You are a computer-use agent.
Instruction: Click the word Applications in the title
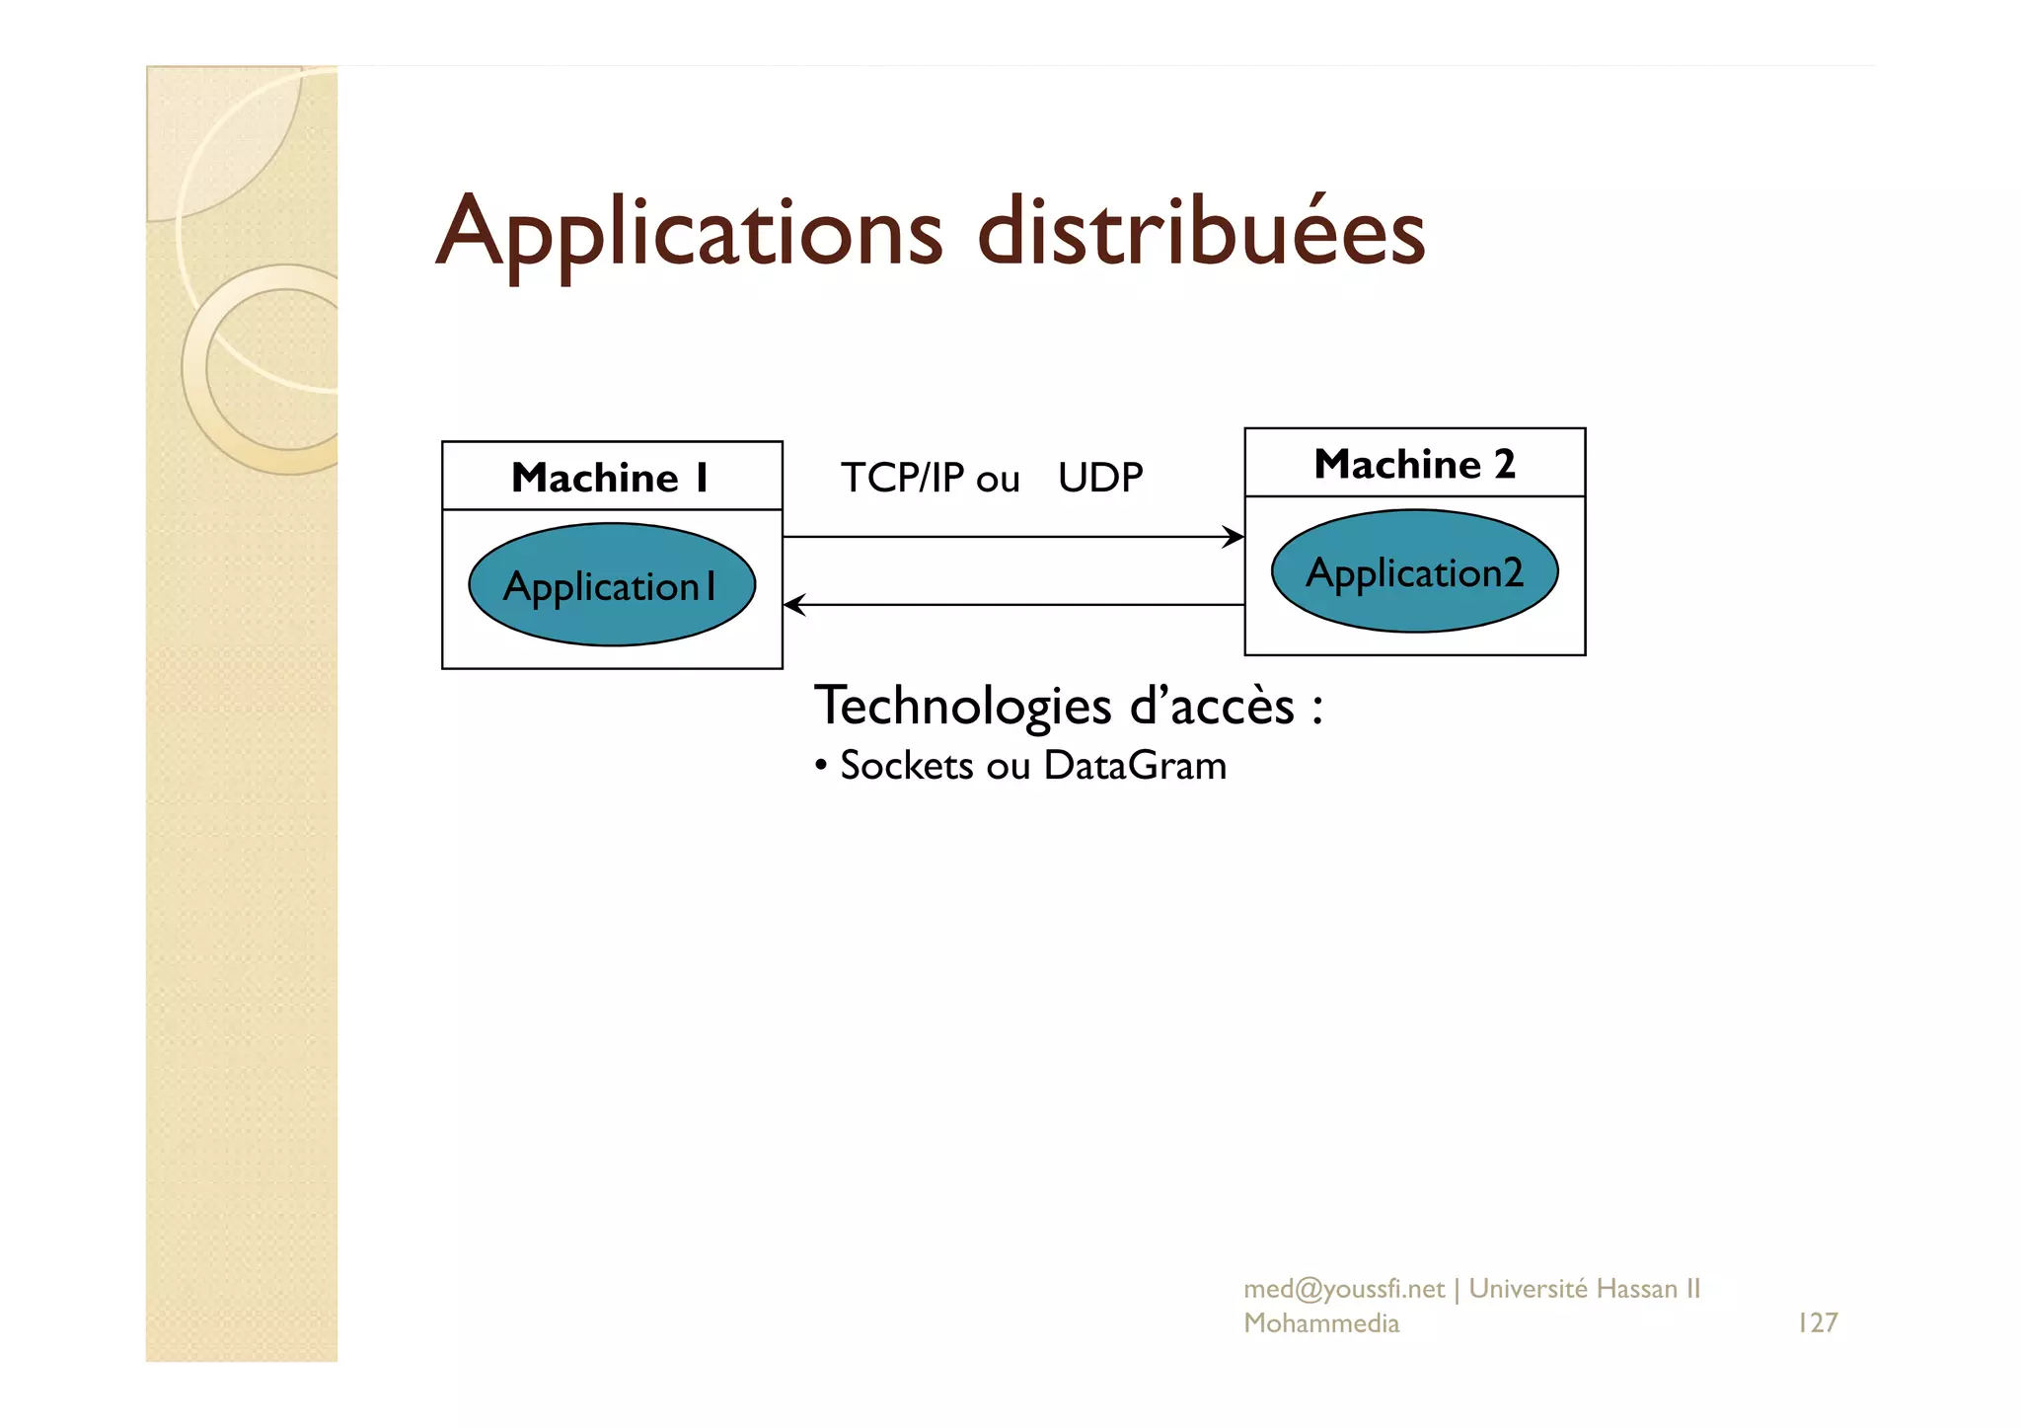pyautogui.click(x=689, y=233)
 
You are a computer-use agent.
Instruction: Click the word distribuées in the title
pyautogui.click(x=1201, y=233)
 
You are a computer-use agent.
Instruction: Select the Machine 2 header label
pyautogui.click(x=1414, y=464)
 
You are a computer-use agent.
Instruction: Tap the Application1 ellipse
pyautogui.click(x=612, y=585)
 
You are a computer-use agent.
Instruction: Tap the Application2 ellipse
pyautogui.click(x=1414, y=571)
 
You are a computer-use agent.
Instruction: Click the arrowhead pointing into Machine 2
pyautogui.click(x=1234, y=537)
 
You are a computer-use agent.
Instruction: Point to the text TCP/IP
pyautogui.click(x=902, y=479)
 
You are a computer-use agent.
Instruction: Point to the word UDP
pyautogui.click(x=1100, y=479)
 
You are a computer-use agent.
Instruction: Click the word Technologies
pyautogui.click(x=963, y=707)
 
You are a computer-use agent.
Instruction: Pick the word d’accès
pyautogui.click(x=1212, y=707)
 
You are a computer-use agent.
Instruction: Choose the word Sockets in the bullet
pyautogui.click(x=907, y=766)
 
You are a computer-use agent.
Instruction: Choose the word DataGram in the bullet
pyautogui.click(x=1135, y=766)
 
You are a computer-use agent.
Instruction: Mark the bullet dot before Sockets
pyautogui.click(x=821, y=766)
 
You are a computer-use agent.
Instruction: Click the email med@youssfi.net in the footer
pyautogui.click(x=1343, y=1289)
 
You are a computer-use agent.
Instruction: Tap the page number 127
pyautogui.click(x=1818, y=1322)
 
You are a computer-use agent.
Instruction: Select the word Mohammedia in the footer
pyautogui.click(x=1321, y=1323)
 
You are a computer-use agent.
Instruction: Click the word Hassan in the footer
pyautogui.click(x=1636, y=1289)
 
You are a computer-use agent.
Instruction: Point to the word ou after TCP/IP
pyautogui.click(x=998, y=481)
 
